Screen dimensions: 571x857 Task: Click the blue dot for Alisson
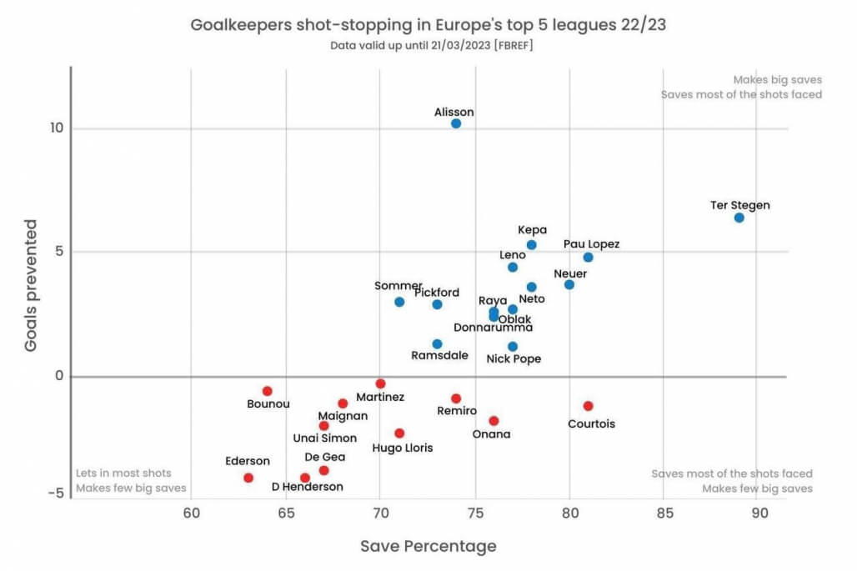click(x=456, y=123)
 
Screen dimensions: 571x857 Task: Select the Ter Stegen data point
click(x=739, y=218)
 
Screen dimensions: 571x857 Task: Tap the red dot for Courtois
click(x=588, y=406)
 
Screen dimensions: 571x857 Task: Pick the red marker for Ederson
click(x=248, y=478)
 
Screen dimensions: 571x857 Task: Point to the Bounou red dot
click(x=268, y=391)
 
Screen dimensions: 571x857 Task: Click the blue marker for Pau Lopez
click(x=588, y=258)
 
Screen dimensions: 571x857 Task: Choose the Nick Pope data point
click(x=513, y=347)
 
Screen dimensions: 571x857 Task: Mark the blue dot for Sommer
click(x=399, y=302)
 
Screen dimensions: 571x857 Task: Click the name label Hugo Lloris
click(x=403, y=448)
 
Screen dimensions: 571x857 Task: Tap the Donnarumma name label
click(x=493, y=328)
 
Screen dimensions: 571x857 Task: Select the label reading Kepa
click(x=532, y=230)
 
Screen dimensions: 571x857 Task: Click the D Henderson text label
click(x=307, y=487)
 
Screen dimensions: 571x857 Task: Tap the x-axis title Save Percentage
click(x=428, y=547)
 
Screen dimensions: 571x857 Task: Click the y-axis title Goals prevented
click(x=31, y=285)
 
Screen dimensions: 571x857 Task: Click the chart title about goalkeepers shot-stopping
click(x=428, y=24)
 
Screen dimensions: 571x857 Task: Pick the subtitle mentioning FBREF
click(x=428, y=45)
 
